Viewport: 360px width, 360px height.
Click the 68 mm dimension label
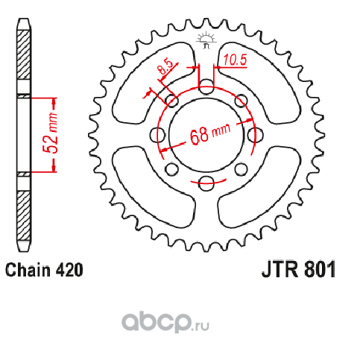click(210, 134)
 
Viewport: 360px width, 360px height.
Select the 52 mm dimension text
click(50, 133)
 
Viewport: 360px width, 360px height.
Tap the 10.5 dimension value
click(235, 60)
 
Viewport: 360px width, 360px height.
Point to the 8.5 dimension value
click(165, 67)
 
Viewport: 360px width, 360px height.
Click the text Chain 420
click(44, 270)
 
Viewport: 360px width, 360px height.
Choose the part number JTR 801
click(299, 270)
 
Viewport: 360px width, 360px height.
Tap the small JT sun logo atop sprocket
click(206, 40)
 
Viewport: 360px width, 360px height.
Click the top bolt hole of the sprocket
click(206, 86)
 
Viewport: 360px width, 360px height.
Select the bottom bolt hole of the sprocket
click(206, 183)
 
